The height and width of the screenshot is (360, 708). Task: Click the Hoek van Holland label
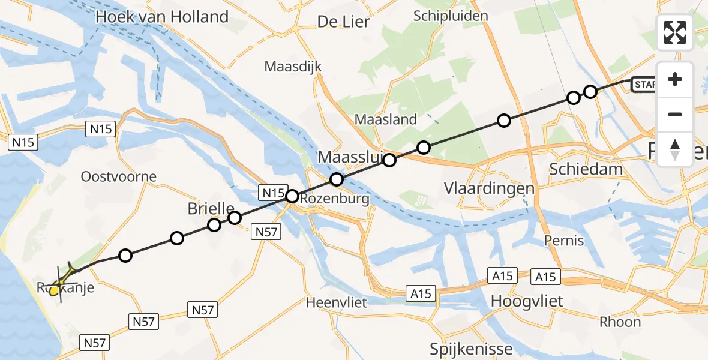(162, 17)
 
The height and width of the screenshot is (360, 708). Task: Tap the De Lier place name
(343, 22)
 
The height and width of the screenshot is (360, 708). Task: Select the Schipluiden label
(451, 16)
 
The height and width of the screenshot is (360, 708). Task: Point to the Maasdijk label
(293, 66)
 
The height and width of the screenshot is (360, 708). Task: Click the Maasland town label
(386, 119)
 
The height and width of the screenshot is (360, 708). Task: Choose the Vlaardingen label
(489, 188)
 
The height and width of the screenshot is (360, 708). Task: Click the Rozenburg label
(336, 199)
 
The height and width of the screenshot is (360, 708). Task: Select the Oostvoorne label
(119, 176)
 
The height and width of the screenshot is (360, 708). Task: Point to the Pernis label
(563, 241)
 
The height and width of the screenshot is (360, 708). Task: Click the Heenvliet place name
(336, 302)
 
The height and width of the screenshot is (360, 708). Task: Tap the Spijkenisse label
(472, 349)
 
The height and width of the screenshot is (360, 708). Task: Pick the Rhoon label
(620, 322)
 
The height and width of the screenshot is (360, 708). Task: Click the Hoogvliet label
(527, 300)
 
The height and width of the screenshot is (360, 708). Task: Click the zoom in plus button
(675, 79)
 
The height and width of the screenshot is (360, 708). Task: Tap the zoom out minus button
(675, 114)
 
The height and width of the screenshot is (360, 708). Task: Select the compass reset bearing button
(675, 149)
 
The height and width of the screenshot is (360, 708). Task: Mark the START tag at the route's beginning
(644, 85)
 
